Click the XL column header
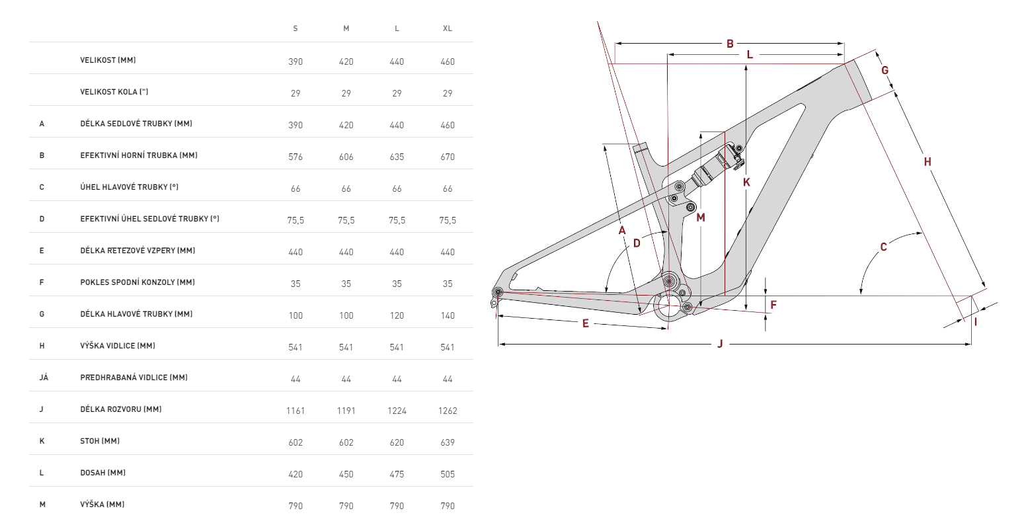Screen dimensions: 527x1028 click(448, 28)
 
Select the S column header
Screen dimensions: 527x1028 click(296, 28)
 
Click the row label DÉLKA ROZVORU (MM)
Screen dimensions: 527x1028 click(121, 409)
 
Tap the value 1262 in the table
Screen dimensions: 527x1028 click(448, 411)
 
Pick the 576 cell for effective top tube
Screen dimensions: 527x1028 click(296, 157)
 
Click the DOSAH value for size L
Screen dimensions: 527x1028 click(397, 474)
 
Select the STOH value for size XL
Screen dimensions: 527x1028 click(448, 442)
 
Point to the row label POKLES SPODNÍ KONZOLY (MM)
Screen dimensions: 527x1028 click(138, 282)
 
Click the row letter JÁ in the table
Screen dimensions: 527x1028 click(44, 378)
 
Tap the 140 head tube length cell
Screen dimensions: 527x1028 click(448, 315)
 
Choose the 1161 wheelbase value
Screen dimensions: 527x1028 click(296, 411)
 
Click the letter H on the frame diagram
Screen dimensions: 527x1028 click(928, 162)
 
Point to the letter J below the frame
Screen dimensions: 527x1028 click(720, 344)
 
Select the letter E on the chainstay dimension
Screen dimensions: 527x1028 click(585, 324)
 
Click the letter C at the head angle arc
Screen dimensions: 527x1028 click(883, 247)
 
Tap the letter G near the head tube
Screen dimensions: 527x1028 click(885, 71)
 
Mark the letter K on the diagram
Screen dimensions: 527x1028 click(746, 182)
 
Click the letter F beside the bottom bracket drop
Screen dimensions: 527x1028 click(773, 305)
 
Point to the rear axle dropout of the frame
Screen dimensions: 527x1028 click(498, 292)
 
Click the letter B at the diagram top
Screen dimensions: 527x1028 click(730, 44)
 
